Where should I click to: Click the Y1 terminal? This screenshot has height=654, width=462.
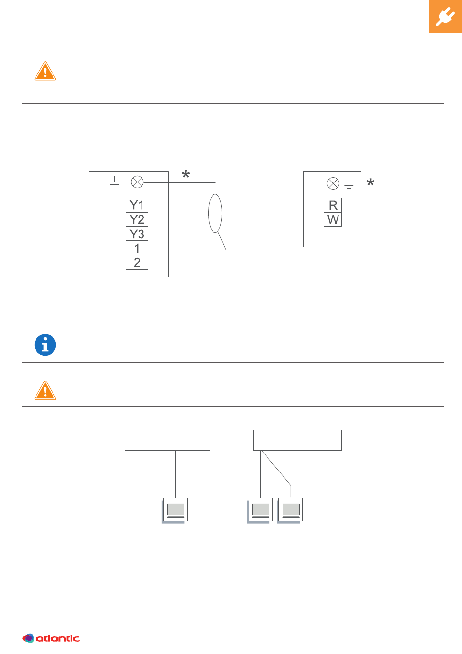tap(137, 205)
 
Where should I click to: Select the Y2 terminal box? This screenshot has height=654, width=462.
tap(137, 219)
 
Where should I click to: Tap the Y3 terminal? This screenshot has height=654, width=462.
tap(137, 234)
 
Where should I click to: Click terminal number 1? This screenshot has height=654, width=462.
tap(137, 248)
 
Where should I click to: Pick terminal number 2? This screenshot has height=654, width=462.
tap(137, 262)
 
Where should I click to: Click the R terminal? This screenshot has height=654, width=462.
tap(333, 205)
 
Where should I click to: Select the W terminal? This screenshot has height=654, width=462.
tap(333, 219)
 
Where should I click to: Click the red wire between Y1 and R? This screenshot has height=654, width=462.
tap(236, 205)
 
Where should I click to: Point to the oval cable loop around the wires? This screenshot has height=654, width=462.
tap(208, 213)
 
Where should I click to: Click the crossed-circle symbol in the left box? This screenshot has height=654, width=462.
tap(137, 182)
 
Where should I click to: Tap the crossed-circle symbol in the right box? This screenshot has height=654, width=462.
tap(333, 183)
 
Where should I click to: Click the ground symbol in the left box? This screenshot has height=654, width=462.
tap(115, 182)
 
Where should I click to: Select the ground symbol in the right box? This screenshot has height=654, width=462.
tap(349, 183)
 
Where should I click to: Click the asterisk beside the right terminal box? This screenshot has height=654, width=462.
tap(371, 182)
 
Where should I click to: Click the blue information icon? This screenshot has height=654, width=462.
tap(45, 345)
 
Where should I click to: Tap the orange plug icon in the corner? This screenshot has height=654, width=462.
tap(445, 17)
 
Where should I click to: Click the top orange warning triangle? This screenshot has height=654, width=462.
tap(45, 71)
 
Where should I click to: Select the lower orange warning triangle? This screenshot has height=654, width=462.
tap(45, 390)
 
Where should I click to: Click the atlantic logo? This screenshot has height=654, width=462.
tap(51, 638)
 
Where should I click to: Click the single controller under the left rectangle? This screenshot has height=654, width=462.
tap(175, 510)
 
